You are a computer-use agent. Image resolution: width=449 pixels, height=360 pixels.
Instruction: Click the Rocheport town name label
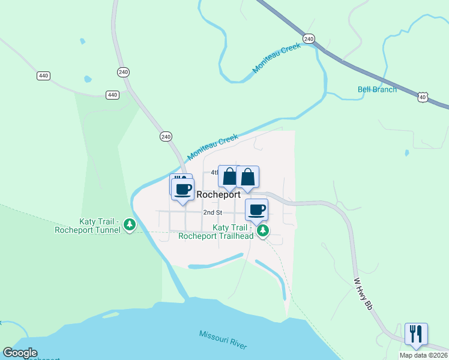click(218, 194)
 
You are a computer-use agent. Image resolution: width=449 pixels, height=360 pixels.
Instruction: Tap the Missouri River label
click(223, 340)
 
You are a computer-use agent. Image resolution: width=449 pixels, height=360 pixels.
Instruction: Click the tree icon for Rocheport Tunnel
click(129, 225)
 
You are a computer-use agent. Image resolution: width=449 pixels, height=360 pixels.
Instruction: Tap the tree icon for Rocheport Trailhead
click(262, 230)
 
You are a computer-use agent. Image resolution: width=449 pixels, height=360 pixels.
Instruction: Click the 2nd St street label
click(212, 212)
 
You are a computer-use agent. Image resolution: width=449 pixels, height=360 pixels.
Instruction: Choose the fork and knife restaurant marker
click(416, 333)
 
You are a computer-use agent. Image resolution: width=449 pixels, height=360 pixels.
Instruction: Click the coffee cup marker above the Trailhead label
click(257, 209)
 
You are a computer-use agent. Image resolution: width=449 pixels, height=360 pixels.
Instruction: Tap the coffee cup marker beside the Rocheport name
click(183, 188)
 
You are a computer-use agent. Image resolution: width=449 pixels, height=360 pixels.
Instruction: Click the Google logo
click(20, 353)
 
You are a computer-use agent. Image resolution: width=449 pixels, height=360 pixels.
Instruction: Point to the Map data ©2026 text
click(423, 355)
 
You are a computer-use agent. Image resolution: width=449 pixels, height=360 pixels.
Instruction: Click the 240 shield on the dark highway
click(309, 38)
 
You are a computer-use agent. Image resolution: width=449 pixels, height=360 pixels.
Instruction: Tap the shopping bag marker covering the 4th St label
click(229, 176)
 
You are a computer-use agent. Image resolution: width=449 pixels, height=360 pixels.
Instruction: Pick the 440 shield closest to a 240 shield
click(112, 95)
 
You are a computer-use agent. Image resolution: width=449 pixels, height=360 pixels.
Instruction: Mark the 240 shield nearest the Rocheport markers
click(166, 137)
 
